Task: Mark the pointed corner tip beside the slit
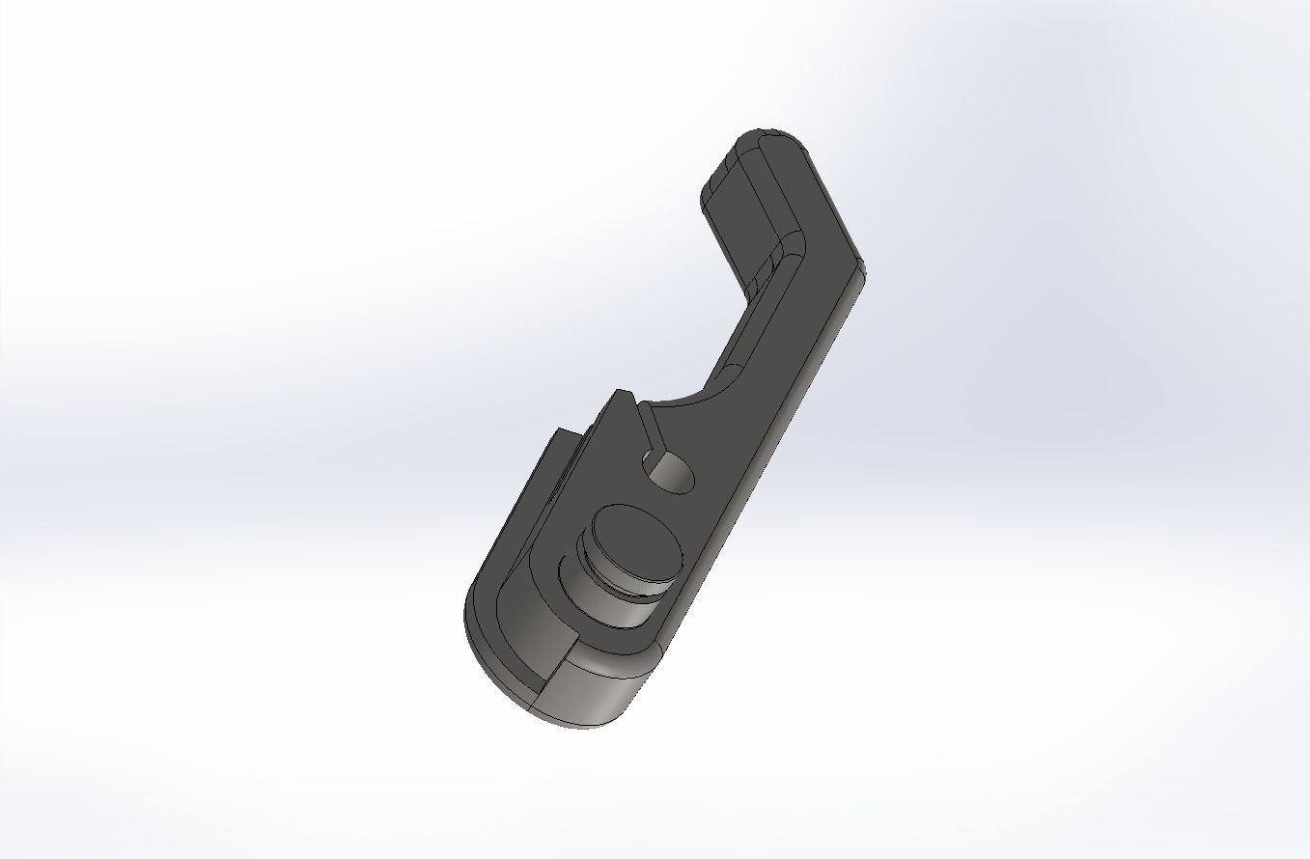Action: tap(623, 393)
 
